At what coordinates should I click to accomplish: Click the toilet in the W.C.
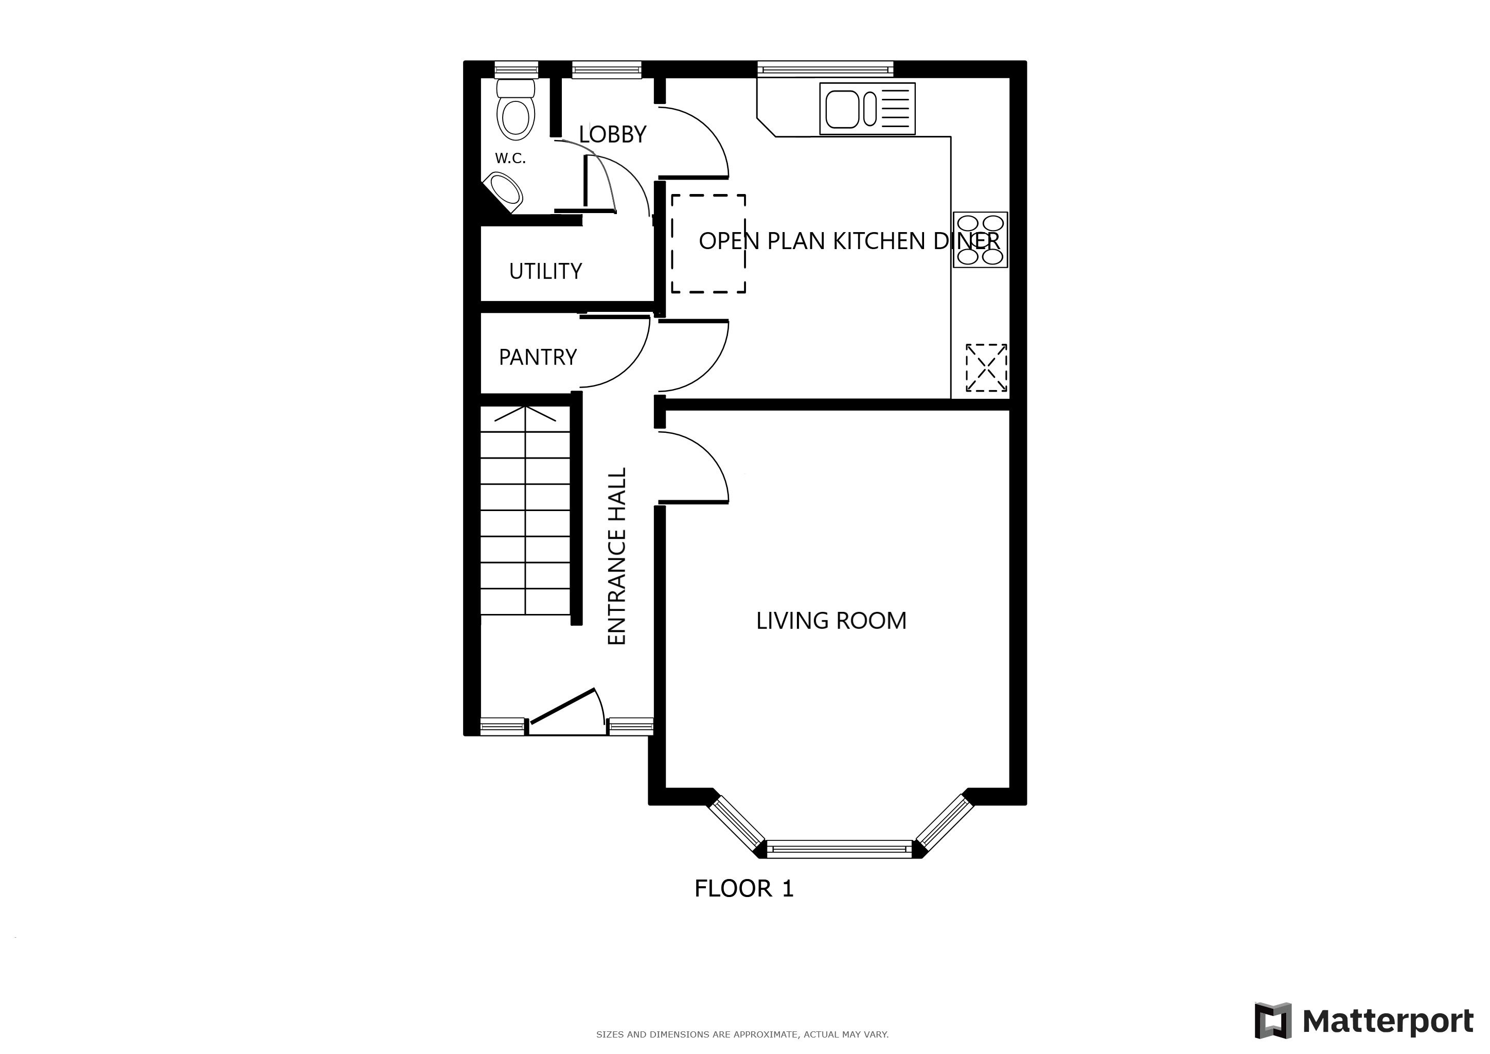(x=516, y=109)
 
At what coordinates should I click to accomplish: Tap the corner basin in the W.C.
(x=506, y=191)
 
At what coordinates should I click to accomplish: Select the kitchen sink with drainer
(x=867, y=109)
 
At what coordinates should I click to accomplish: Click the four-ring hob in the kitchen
(x=980, y=239)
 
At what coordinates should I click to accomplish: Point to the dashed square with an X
(x=986, y=368)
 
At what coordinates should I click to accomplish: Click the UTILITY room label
(x=545, y=271)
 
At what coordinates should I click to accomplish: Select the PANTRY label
(x=537, y=357)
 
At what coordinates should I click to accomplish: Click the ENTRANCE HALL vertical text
(x=616, y=556)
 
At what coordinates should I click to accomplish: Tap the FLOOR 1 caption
(x=743, y=888)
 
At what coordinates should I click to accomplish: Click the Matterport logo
(x=1363, y=1022)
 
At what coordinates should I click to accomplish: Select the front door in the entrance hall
(x=563, y=706)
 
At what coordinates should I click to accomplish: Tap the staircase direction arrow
(x=525, y=413)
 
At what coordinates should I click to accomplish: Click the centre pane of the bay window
(x=840, y=849)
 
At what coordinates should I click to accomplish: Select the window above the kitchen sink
(x=825, y=69)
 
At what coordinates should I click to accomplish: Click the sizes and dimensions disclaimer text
(x=742, y=1034)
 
